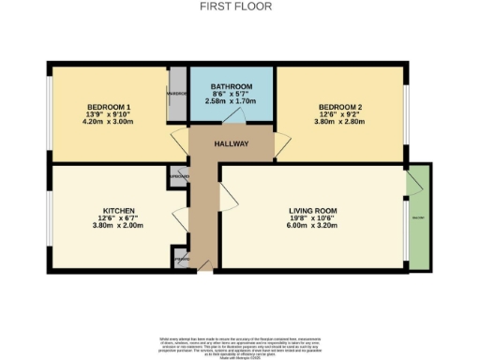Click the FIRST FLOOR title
(x=222, y=6)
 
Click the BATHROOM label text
(x=231, y=85)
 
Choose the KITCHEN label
(x=119, y=211)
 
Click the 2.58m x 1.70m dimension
(x=231, y=102)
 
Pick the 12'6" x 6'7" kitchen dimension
(x=119, y=218)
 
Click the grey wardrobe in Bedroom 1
(x=175, y=94)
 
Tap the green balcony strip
(x=418, y=215)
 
